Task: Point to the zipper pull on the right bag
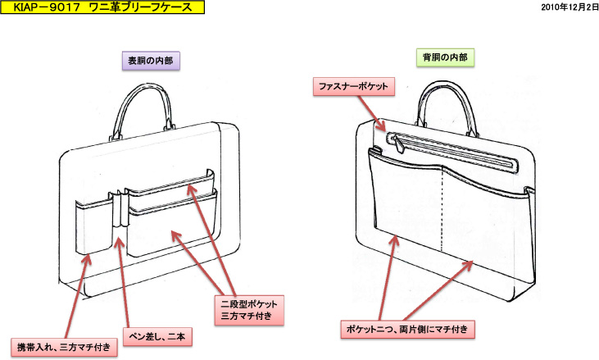coord(396,145)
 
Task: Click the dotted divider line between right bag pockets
coord(442,213)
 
